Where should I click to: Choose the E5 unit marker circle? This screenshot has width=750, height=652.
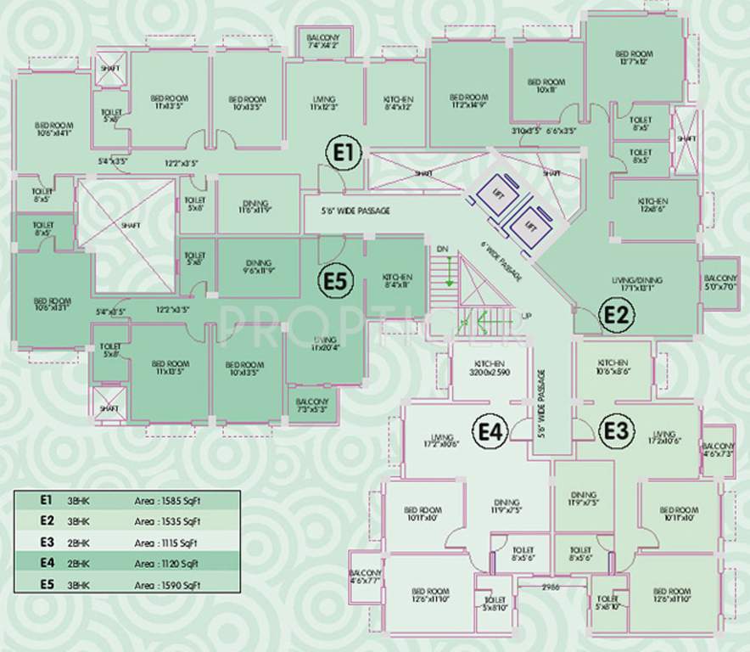(x=336, y=281)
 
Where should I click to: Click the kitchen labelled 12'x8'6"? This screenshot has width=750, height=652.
(x=653, y=205)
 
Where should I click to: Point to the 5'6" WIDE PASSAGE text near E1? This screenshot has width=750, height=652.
(x=355, y=210)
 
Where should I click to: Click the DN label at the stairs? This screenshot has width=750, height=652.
(x=442, y=249)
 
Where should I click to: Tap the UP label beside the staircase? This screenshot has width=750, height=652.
(x=526, y=316)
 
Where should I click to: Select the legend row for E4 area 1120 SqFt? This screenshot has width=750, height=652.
(x=126, y=562)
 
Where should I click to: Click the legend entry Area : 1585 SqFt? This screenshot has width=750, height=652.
(x=166, y=501)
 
